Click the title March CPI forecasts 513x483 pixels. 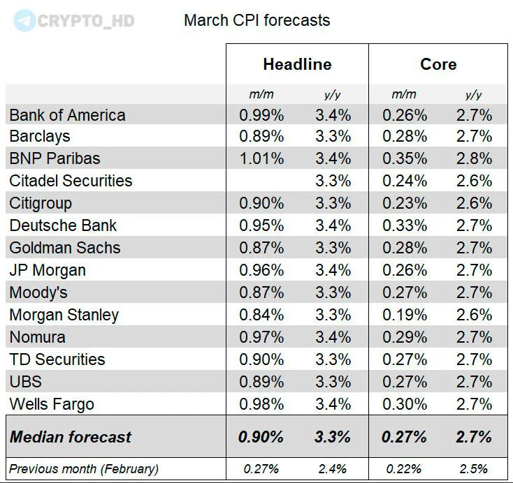pos(256,20)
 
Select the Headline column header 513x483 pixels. pos(297,64)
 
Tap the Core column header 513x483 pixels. pos(438,64)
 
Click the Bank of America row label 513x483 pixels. pos(68,115)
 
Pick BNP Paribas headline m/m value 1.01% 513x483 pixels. pos(261,158)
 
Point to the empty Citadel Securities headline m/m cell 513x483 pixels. pos(261,181)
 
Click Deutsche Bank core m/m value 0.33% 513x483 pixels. pos(404,225)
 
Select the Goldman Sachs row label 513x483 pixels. pos(65,248)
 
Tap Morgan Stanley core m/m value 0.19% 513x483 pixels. pos(404,315)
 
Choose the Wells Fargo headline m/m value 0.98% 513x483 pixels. pos(261,403)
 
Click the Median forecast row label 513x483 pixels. pos(71,437)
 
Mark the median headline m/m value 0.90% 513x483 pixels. pos(261,437)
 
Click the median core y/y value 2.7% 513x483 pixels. pos(474,437)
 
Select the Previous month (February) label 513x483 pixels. pos(84,468)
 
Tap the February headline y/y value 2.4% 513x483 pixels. pos(332,468)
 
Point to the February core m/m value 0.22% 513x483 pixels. pos(404,468)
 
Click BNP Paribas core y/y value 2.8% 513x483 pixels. pos(474,158)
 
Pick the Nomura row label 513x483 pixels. pos(38,337)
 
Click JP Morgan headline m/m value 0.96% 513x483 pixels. pos(261,270)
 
